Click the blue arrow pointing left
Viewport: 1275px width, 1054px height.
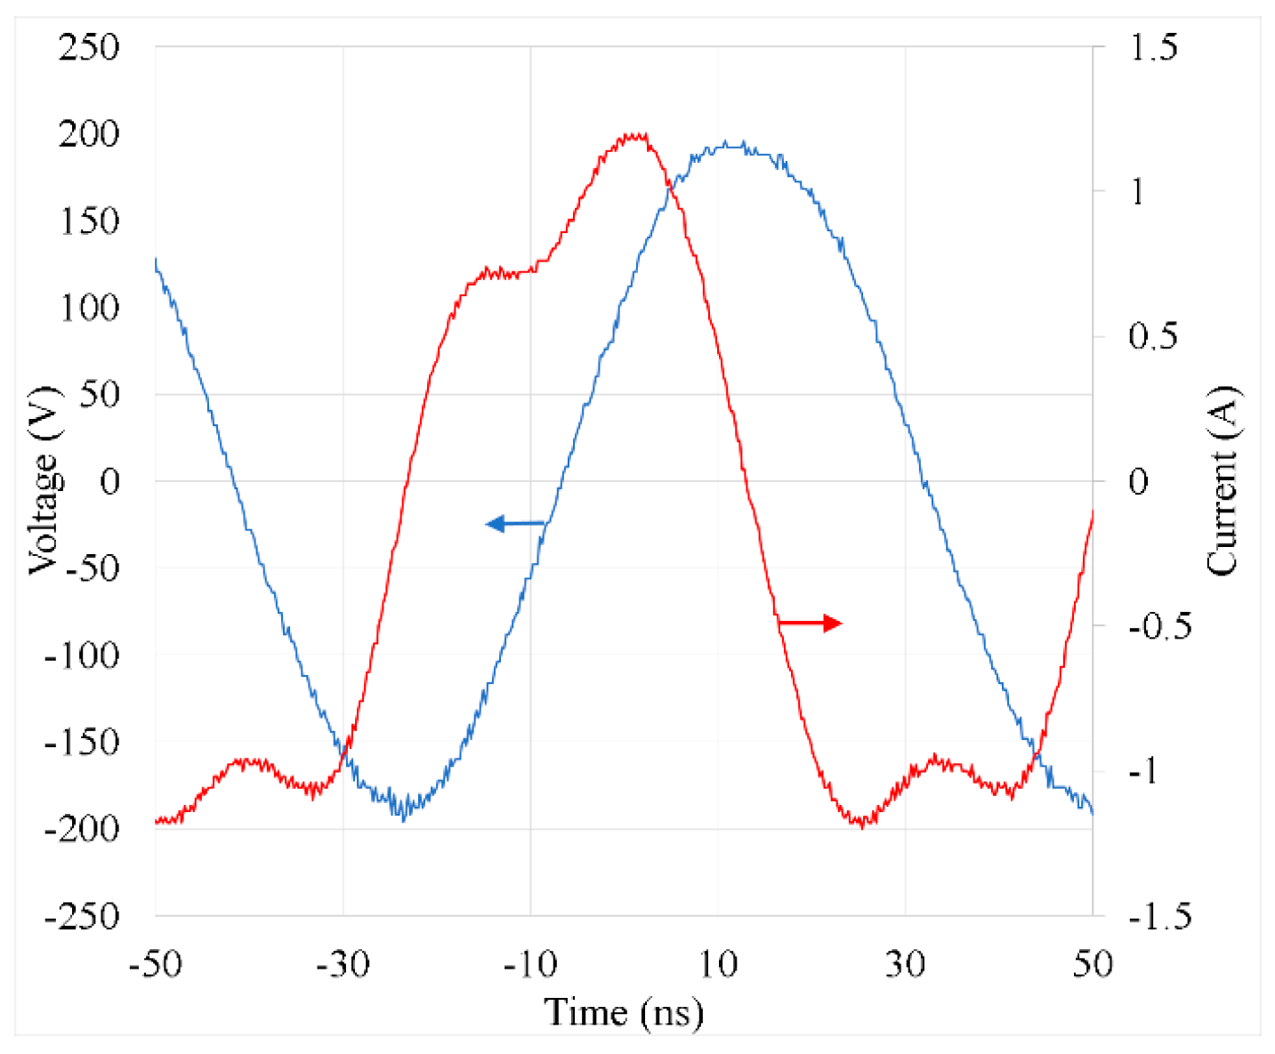pyautogui.click(x=514, y=524)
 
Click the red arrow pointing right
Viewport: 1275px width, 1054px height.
pyautogui.click(x=810, y=624)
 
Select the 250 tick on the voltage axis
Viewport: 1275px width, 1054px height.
pyautogui.click(x=89, y=47)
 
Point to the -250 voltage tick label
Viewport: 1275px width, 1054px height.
pyautogui.click(x=82, y=916)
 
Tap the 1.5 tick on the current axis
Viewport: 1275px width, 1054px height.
pyautogui.click(x=1152, y=47)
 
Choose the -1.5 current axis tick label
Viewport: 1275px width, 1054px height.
pyautogui.click(x=1159, y=916)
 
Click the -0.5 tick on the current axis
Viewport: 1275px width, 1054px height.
pyautogui.click(x=1159, y=626)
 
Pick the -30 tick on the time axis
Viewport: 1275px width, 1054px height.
pyautogui.click(x=343, y=964)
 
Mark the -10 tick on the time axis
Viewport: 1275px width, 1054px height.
pyautogui.click(x=530, y=964)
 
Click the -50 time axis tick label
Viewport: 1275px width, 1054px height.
pyautogui.click(x=156, y=964)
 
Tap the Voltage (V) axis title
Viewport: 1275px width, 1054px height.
pyautogui.click(x=43, y=480)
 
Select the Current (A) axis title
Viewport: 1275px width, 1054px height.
pyautogui.click(x=1223, y=480)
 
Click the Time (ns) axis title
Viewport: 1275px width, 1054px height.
pyautogui.click(x=624, y=1012)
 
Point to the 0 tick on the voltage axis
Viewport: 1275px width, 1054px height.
pyautogui.click(x=109, y=482)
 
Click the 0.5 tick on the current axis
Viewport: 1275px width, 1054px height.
pyautogui.click(x=1152, y=336)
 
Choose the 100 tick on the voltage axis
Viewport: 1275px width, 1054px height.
pyautogui.click(x=89, y=308)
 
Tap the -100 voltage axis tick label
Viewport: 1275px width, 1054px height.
pyautogui.click(x=82, y=656)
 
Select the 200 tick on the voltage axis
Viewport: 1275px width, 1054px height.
pyautogui.click(x=89, y=134)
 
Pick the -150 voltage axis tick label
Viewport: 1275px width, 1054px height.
pyautogui.click(x=82, y=742)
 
